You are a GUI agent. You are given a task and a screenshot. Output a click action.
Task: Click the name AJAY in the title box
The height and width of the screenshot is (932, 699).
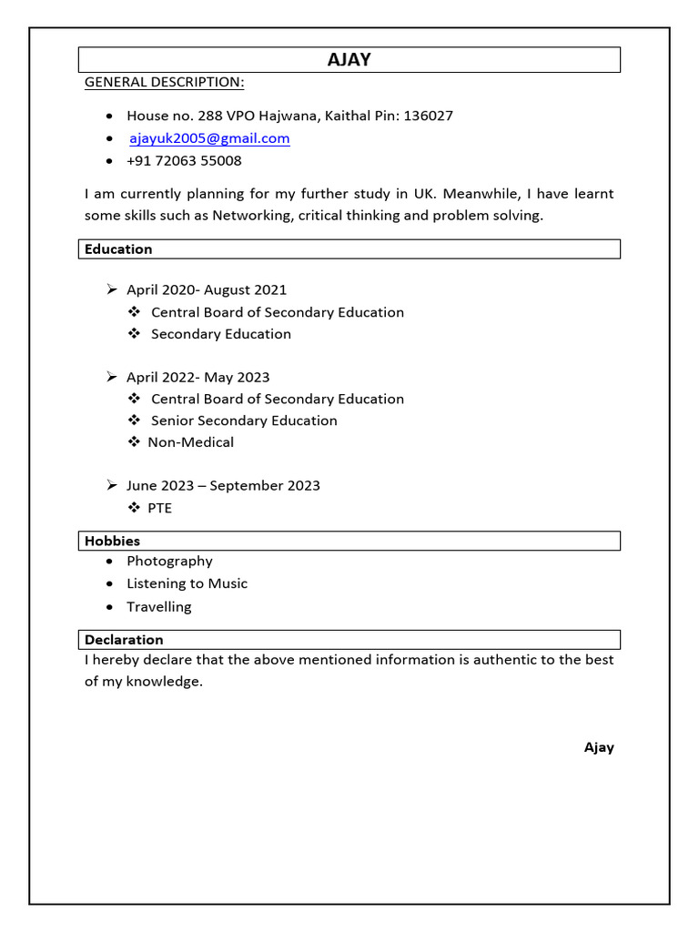(349, 60)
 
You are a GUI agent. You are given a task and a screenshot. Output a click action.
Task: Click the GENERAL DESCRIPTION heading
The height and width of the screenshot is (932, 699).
(164, 83)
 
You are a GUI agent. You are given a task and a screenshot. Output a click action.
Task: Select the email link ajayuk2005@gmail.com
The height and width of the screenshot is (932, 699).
(209, 138)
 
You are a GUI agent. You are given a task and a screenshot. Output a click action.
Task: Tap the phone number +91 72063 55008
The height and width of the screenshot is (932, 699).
(184, 161)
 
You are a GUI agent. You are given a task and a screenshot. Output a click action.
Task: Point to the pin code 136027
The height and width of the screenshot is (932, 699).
(428, 116)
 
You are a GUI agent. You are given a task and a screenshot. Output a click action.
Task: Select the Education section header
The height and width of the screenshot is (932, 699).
(118, 249)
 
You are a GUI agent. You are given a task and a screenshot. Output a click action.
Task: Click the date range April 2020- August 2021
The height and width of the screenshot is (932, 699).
(207, 290)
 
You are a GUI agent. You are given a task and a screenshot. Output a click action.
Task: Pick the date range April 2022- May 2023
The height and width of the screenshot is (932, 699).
(198, 378)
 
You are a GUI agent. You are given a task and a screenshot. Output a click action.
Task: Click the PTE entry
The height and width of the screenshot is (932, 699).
(159, 508)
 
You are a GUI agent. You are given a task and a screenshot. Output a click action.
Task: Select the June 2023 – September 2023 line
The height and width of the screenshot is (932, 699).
(223, 486)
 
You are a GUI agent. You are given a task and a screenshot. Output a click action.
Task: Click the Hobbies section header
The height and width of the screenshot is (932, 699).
(112, 542)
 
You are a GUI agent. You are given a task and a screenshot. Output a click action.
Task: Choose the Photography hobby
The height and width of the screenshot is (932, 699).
(169, 562)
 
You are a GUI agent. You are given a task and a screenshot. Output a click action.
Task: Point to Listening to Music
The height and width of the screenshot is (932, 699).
(187, 583)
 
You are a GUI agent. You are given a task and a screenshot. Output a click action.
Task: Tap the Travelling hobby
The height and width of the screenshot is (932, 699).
(159, 607)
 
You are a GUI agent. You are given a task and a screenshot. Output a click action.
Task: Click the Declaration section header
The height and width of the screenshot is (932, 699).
(124, 640)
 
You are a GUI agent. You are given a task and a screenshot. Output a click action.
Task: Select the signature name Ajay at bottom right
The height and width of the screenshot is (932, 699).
(599, 747)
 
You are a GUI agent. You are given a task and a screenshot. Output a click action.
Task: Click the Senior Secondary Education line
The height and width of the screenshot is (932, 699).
(244, 420)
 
